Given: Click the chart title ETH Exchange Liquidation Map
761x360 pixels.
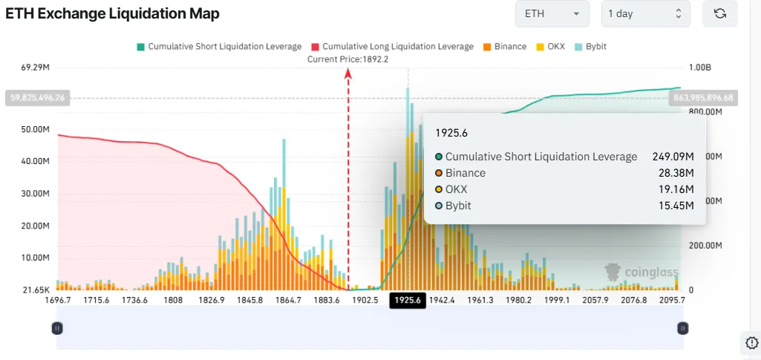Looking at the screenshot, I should pos(112,14).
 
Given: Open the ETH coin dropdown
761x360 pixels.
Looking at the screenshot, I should pos(552,14).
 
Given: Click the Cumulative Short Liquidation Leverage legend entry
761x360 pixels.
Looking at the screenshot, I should pos(219,47).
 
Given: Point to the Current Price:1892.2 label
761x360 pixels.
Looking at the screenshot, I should pos(348,59).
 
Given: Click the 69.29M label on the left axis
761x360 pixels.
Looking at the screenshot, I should pos(36,68).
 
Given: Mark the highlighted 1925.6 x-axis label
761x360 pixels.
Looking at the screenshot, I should pos(408,300).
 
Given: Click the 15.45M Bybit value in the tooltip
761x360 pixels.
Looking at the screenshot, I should pos(677,206).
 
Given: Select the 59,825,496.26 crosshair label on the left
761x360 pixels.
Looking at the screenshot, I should pos(36,97).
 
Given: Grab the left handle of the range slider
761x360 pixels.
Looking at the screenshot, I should pos(57,327).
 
